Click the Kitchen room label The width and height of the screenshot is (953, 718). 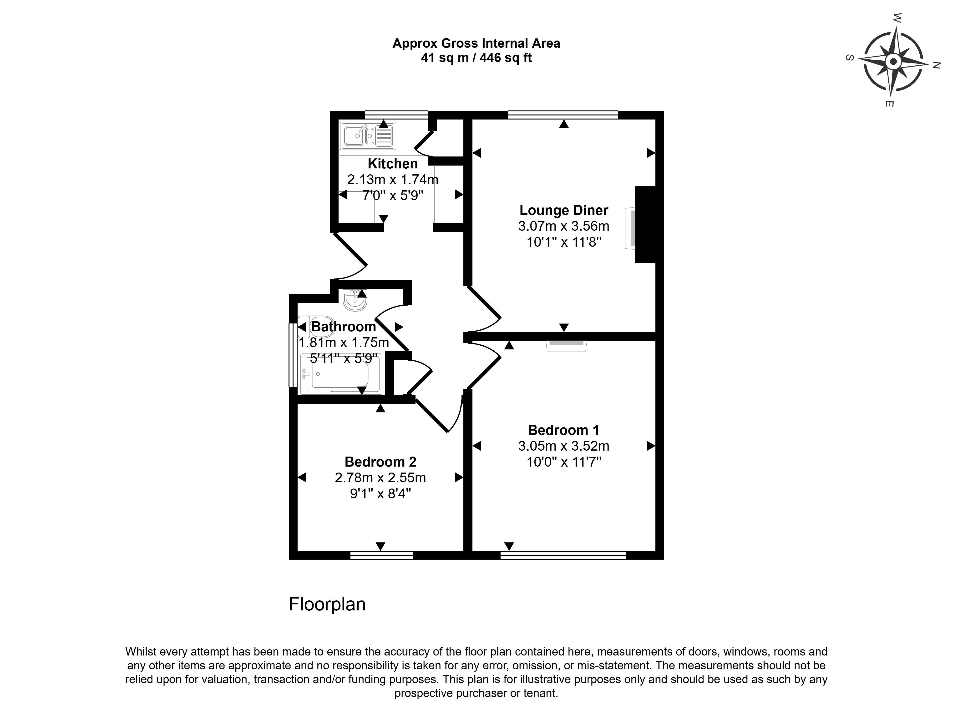pos(392,164)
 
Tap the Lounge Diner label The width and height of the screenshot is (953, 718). pos(563,210)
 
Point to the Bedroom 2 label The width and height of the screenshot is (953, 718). pos(380,462)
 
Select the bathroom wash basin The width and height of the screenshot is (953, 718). pos(355,301)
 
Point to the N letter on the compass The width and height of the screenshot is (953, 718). pos(936,66)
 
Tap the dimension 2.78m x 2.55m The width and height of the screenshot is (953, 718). pos(380,478)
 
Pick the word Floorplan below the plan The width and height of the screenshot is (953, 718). pos(327,605)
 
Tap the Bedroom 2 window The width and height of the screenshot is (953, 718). pos(381,555)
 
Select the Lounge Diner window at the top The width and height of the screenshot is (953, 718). pos(563,115)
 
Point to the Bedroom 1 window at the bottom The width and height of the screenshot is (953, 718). pos(563,555)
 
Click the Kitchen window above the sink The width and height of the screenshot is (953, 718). pos(396,115)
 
